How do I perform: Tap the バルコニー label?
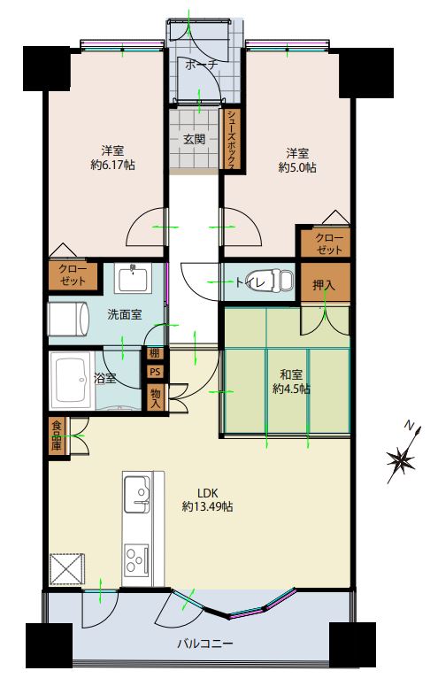[x=204, y=644]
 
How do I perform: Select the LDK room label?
[x=207, y=493]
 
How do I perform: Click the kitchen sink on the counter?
[x=137, y=494]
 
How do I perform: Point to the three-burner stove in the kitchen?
[x=136, y=559]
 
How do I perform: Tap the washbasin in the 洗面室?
[x=133, y=278]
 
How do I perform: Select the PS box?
[x=155, y=372]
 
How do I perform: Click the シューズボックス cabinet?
[x=231, y=139]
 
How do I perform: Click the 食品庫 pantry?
[x=57, y=435]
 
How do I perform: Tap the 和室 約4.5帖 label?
[x=291, y=382]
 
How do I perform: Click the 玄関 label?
[x=194, y=140]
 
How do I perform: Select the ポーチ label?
[x=201, y=66]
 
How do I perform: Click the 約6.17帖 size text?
[x=112, y=165]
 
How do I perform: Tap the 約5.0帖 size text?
[x=297, y=167]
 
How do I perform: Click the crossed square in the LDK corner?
[x=67, y=569]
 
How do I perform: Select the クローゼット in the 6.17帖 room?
[x=73, y=274]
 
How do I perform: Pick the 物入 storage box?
[x=156, y=397]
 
